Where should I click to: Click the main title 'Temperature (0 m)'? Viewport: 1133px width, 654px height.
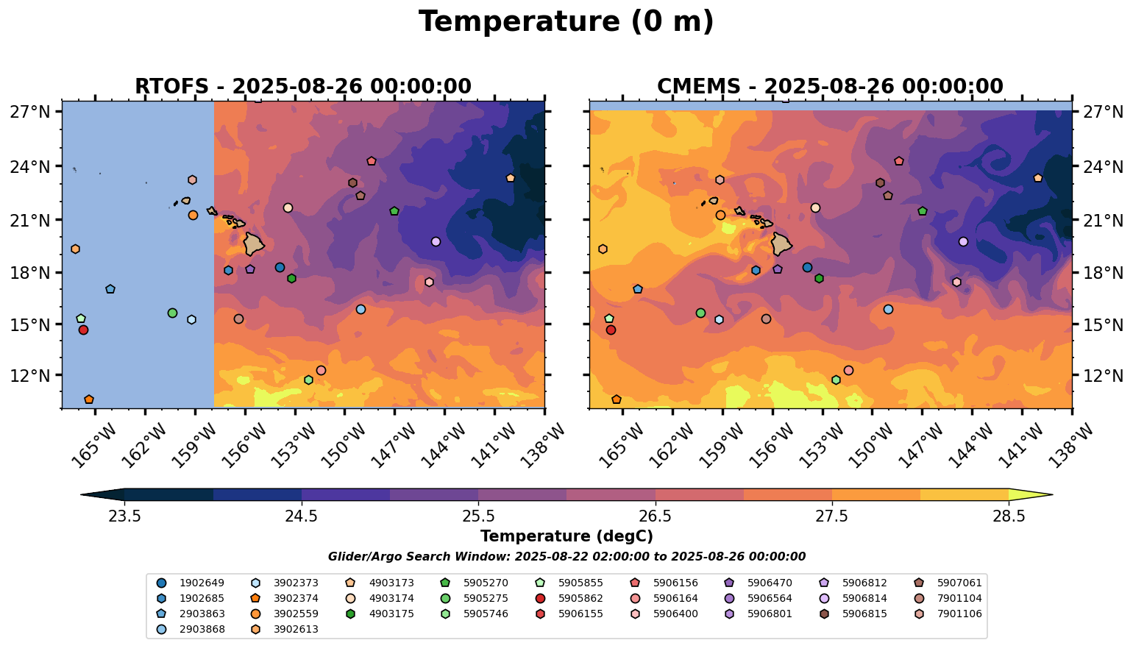(566, 22)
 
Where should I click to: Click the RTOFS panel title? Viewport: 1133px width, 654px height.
(302, 86)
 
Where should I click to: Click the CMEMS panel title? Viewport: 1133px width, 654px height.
(829, 86)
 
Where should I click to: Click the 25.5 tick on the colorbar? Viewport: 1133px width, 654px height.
(478, 516)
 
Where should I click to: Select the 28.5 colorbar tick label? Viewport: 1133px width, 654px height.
(1009, 516)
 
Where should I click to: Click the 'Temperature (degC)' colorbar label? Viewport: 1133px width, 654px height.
(566, 536)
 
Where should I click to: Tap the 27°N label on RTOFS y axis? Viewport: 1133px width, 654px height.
(30, 112)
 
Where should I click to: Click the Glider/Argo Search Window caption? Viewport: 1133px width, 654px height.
(566, 557)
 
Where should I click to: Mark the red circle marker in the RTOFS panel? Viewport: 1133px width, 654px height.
(83, 330)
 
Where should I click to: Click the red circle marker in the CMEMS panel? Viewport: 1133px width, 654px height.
(611, 330)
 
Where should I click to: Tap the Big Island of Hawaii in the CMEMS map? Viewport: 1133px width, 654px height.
(781, 244)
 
